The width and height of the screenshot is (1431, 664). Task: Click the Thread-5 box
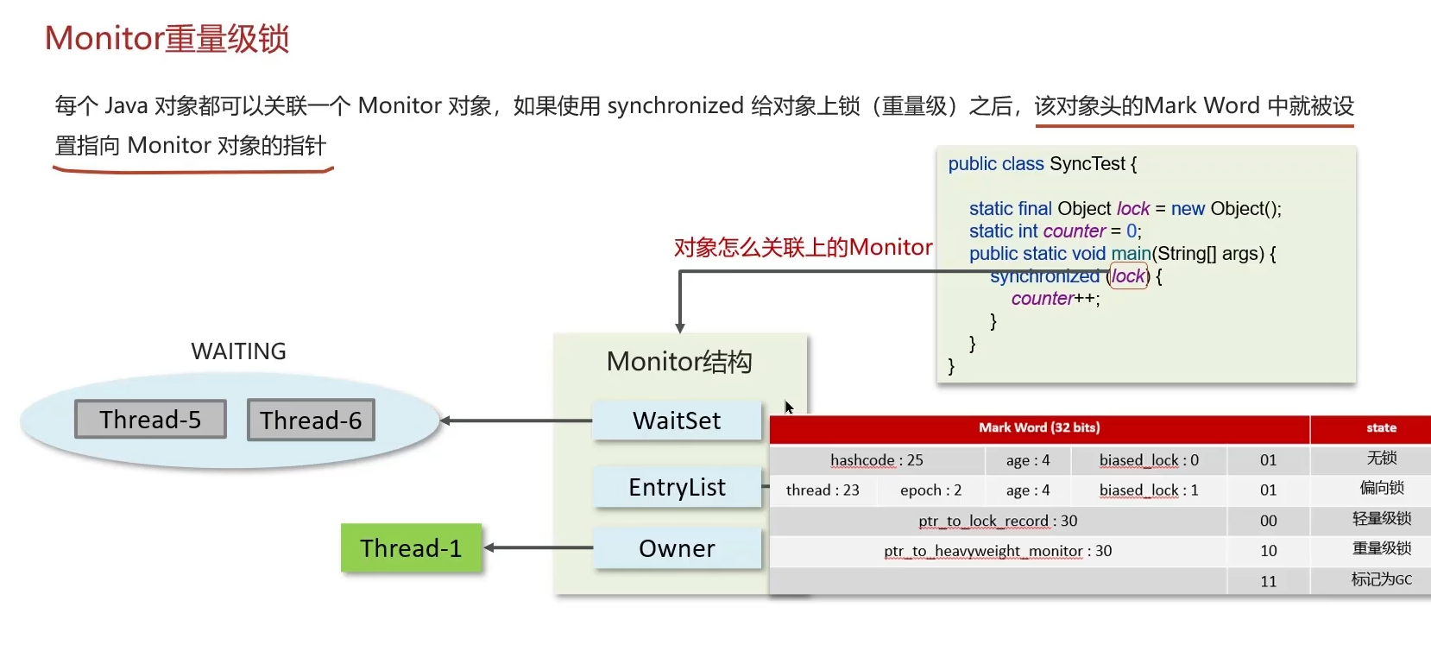tap(150, 420)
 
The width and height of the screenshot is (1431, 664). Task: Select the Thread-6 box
tap(311, 421)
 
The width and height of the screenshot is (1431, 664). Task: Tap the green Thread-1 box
tap(411, 548)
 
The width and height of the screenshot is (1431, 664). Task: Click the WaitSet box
tap(677, 421)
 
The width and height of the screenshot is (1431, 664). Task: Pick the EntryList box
tap(677, 488)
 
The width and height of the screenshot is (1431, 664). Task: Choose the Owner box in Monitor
tap(677, 548)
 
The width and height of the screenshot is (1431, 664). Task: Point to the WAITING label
tap(238, 351)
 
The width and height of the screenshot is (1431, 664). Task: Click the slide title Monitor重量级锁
tap(167, 39)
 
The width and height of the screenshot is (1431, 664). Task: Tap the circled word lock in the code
tap(1128, 276)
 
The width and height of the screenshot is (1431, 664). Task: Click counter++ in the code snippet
tap(1056, 299)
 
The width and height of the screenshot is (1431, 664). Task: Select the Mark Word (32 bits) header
tap(1039, 427)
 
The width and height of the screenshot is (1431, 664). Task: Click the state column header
tap(1381, 427)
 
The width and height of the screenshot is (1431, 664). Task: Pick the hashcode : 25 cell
tap(876, 460)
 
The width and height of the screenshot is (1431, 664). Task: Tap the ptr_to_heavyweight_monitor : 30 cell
tap(998, 551)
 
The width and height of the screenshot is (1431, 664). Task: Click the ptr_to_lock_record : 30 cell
tap(998, 521)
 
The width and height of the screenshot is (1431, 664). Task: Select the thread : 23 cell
tap(823, 490)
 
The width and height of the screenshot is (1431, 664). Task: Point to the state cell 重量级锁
tap(1381, 549)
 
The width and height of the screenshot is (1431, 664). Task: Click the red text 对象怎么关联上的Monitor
tap(803, 248)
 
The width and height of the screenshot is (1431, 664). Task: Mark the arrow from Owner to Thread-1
tap(538, 547)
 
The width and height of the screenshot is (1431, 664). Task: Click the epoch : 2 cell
tap(930, 490)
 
